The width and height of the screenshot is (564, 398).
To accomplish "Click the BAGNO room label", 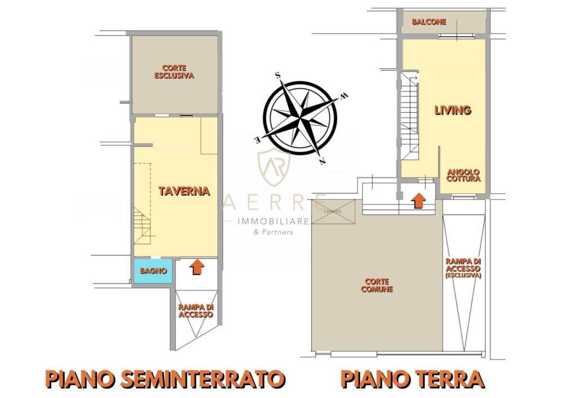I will tap(153, 271).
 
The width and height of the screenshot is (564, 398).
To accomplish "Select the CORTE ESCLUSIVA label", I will tap(174, 71).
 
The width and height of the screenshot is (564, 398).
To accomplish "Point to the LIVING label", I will tap(452, 110).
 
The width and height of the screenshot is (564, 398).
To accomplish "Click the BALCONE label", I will tap(429, 22).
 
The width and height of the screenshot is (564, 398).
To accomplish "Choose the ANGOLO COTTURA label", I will tap(463, 175).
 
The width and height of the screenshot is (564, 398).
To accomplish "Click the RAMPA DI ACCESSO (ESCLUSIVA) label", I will tap(463, 269).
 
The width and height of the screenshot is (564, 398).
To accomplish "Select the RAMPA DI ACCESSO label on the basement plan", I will tap(196, 311).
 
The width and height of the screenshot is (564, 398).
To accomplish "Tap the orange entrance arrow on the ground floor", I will tap(418, 201).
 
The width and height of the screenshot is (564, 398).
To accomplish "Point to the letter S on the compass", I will tap(277, 74).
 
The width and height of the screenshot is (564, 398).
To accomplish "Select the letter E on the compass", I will tap(257, 139).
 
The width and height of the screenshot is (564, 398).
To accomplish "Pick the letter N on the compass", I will tap(322, 161).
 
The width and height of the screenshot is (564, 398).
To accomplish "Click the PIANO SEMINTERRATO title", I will tap(164, 379).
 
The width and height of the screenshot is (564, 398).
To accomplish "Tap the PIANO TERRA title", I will tap(412, 379).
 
